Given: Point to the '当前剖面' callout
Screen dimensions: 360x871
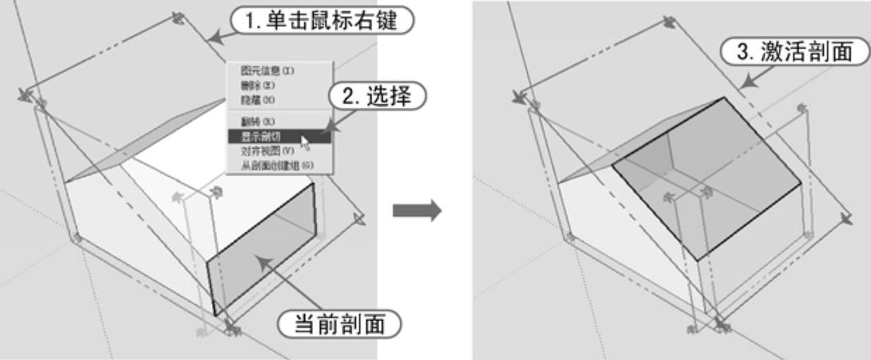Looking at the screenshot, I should (x=339, y=325).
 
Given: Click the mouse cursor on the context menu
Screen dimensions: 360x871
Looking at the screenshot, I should (x=305, y=143).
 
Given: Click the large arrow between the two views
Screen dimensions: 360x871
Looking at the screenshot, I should (x=416, y=209).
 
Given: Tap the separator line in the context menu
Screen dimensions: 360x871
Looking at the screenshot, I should (x=278, y=110).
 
